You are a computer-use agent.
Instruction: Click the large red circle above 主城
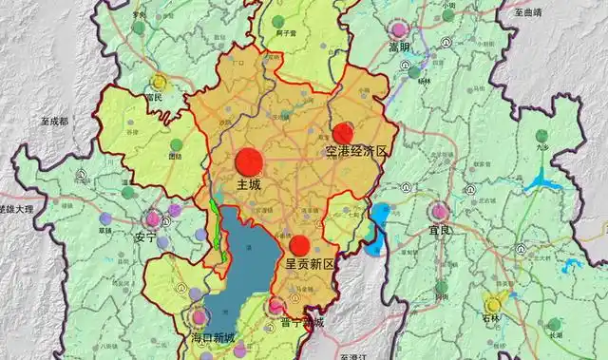click(x=249, y=161)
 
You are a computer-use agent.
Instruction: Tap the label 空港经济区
click(x=356, y=152)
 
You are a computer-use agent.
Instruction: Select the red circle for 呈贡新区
click(x=300, y=246)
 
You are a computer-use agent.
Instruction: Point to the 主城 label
click(x=248, y=183)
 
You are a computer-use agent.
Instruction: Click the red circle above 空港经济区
click(x=343, y=133)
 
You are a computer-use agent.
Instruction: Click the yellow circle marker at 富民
click(x=159, y=83)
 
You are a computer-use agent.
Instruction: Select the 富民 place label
click(x=155, y=96)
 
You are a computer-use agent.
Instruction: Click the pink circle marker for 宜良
click(x=441, y=211)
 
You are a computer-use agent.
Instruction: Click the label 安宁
click(x=145, y=237)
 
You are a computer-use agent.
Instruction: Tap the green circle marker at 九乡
click(x=542, y=137)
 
